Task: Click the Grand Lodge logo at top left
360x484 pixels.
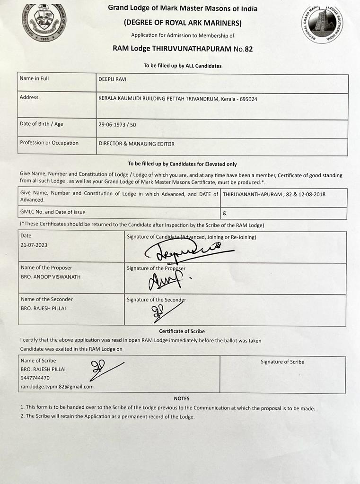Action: (44, 22)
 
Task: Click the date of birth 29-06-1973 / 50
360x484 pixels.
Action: (117, 125)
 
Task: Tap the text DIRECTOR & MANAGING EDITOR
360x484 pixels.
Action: (136, 144)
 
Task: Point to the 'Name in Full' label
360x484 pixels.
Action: (34, 78)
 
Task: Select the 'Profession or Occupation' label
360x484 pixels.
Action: (49, 143)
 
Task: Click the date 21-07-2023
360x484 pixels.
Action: (34, 245)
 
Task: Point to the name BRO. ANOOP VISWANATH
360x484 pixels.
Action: (51, 277)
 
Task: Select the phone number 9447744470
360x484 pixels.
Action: (35, 378)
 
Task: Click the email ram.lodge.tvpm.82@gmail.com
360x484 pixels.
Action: (57, 386)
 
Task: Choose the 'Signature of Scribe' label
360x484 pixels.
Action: (282, 362)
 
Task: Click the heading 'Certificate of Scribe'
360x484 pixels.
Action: (182, 331)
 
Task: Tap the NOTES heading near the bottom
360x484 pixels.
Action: (182, 398)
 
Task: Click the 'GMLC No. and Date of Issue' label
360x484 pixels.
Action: (53, 212)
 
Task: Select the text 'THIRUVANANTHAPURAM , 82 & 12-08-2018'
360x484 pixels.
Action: (274, 194)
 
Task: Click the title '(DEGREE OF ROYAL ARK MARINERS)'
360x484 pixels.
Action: (183, 23)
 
